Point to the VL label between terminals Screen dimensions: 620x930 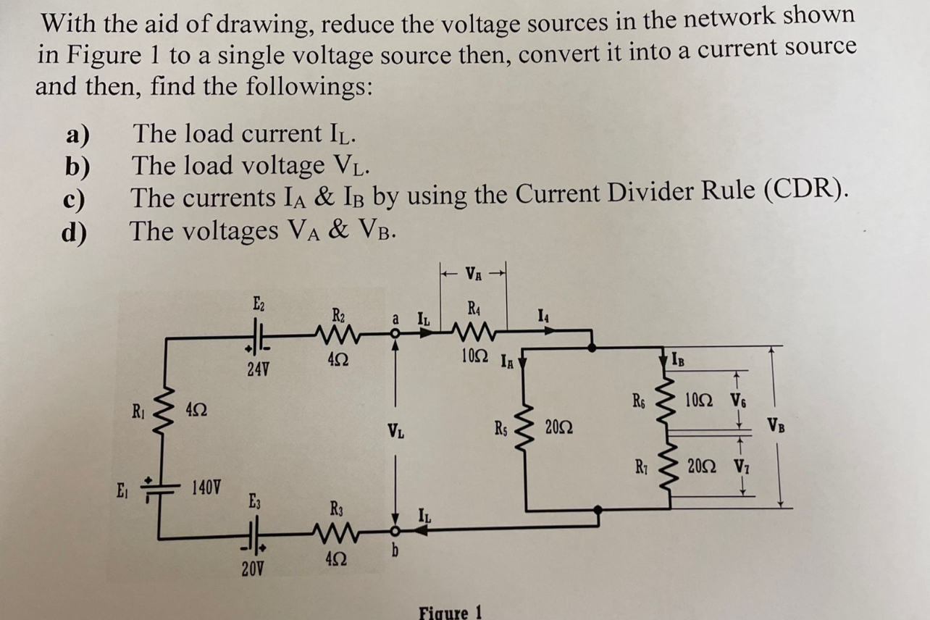(395, 432)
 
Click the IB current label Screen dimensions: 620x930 (676, 357)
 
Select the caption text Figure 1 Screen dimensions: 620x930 (450, 612)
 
